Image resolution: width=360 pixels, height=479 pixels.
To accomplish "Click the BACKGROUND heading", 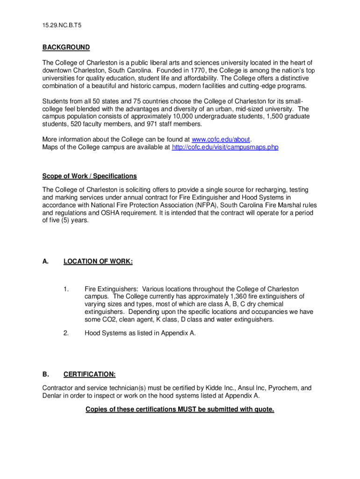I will (x=66, y=47).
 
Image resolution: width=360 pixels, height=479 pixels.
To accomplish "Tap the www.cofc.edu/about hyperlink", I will (x=222, y=139).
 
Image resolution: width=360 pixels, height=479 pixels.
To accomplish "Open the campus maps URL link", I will (x=225, y=147).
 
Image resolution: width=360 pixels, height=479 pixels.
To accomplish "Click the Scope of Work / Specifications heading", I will (x=90, y=176).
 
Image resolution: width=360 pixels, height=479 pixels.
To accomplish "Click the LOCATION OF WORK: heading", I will (x=98, y=261).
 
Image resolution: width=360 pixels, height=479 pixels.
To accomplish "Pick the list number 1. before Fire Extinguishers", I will (x=66, y=289).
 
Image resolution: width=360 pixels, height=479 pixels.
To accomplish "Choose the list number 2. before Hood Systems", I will (x=66, y=333).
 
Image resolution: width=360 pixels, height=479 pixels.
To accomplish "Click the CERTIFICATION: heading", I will (x=90, y=374).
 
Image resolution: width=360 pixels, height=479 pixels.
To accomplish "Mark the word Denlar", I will (x=52, y=396).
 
